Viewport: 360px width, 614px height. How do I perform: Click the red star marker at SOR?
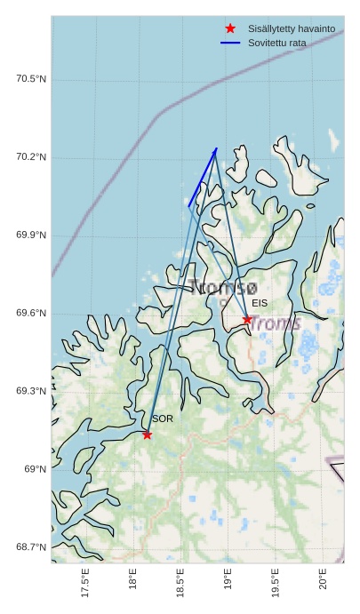click(x=147, y=435)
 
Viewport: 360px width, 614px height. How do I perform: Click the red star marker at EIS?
click(x=247, y=320)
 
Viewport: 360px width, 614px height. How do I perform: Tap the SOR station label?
click(x=162, y=419)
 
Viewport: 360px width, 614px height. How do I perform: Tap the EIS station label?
click(x=260, y=303)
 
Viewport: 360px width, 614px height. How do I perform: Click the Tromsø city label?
click(x=222, y=287)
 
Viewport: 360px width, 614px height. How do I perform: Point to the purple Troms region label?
click(x=275, y=323)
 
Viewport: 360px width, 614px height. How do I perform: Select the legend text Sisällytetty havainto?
click(x=292, y=29)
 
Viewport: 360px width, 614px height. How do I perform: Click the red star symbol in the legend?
click(x=230, y=28)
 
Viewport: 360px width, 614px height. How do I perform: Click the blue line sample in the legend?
click(x=230, y=43)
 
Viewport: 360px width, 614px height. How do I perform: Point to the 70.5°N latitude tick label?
click(x=31, y=80)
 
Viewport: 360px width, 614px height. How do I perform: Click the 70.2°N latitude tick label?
click(x=31, y=158)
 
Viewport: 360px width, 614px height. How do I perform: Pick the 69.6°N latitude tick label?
click(x=31, y=314)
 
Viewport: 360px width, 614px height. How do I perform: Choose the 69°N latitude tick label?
click(x=35, y=469)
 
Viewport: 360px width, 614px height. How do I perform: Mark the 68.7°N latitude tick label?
click(x=31, y=547)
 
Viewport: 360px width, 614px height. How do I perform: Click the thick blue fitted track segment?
click(x=203, y=178)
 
